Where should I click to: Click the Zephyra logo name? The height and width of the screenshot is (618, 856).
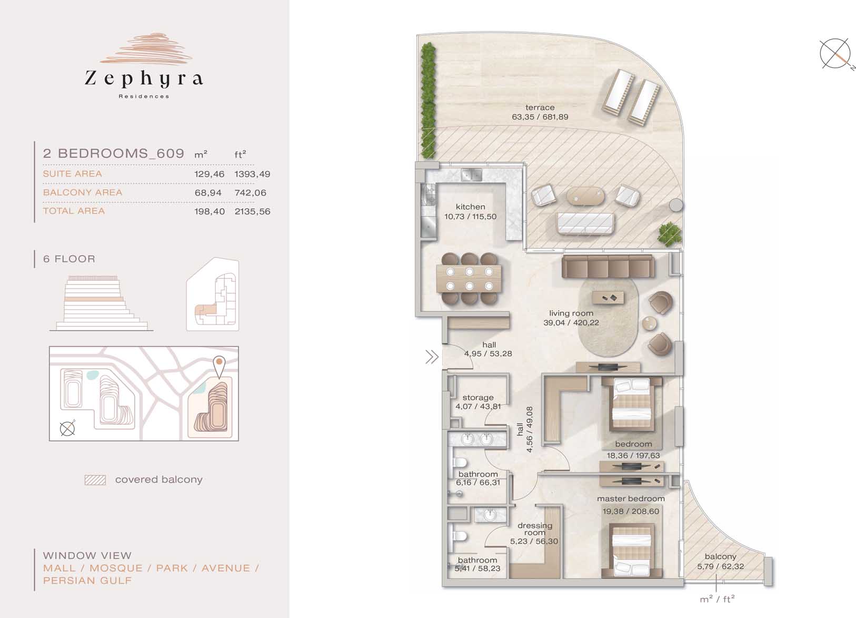(144, 79)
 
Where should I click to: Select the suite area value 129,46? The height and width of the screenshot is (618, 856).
(209, 174)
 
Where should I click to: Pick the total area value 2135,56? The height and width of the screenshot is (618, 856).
(252, 211)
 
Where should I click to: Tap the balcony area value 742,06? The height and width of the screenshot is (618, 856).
(250, 193)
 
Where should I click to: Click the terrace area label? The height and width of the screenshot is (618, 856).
(540, 112)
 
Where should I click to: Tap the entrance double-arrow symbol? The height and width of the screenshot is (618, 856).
(432, 357)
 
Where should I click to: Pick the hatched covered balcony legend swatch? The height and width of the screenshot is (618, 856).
(95, 480)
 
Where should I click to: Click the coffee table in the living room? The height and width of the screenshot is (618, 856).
(608, 297)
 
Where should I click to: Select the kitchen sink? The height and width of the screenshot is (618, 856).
(472, 175)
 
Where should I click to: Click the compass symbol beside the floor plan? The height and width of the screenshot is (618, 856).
(835, 54)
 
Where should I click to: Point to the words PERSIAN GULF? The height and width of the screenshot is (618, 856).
(87, 581)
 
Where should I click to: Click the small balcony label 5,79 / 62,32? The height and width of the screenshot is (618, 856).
(720, 562)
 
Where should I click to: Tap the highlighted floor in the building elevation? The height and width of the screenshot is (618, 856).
(94, 299)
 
